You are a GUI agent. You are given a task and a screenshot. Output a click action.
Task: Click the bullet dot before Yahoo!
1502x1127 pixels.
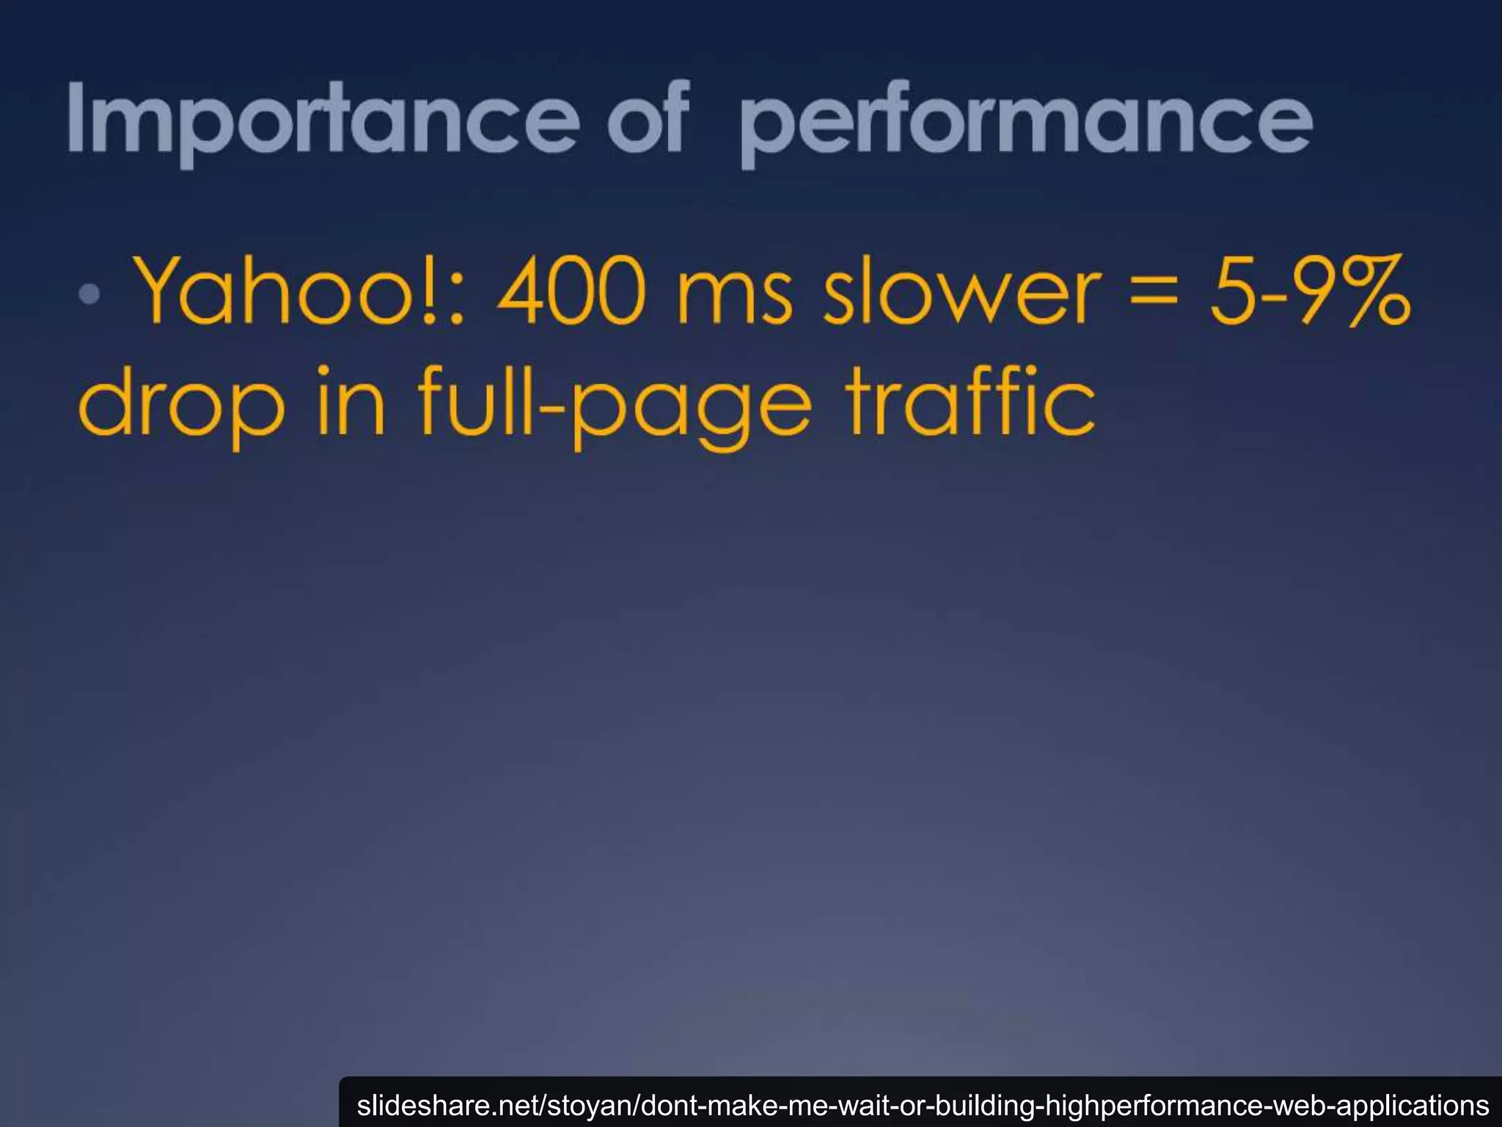[89, 294]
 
